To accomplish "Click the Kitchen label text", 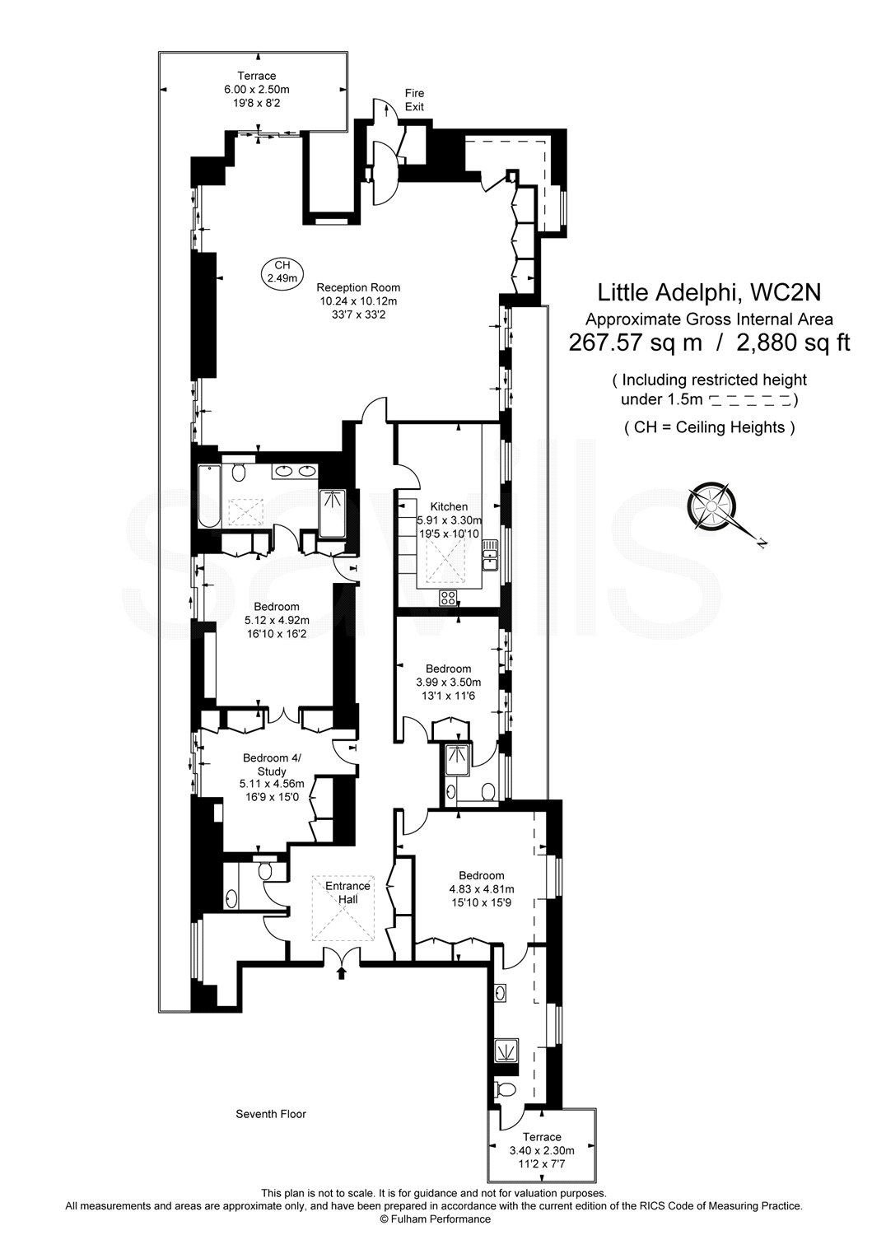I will click(x=449, y=506).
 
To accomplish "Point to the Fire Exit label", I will click(x=414, y=100).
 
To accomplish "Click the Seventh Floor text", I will click(x=271, y=1114).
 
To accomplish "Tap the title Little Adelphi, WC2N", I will click(x=709, y=292).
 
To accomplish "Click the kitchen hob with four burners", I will click(x=449, y=598).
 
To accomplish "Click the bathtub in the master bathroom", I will click(x=209, y=497).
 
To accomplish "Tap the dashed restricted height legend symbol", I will click(x=750, y=401).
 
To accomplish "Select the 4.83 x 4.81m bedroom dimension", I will click(x=482, y=889).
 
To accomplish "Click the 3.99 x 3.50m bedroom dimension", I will click(x=449, y=683).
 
